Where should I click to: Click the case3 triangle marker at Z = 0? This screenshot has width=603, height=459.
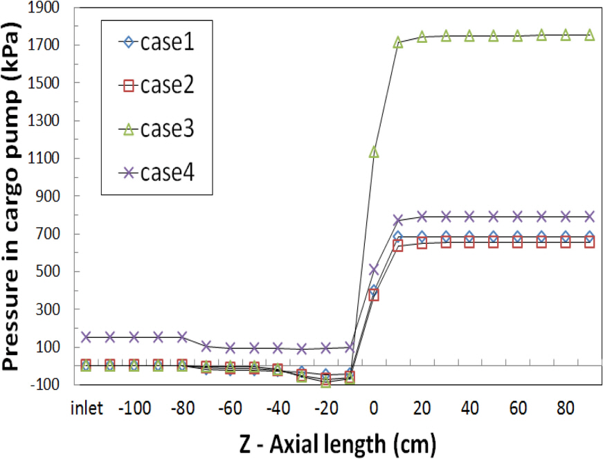pos(374,152)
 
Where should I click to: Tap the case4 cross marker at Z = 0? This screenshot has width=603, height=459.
pos(374,269)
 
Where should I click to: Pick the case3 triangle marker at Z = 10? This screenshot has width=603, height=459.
pos(398,43)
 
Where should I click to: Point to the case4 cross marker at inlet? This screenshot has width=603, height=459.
pos(86,337)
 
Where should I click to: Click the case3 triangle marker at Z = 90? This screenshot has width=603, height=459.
pos(590,35)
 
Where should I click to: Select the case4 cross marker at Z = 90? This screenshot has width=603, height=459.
pos(590,216)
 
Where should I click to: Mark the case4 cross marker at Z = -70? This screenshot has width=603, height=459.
pos(206,345)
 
